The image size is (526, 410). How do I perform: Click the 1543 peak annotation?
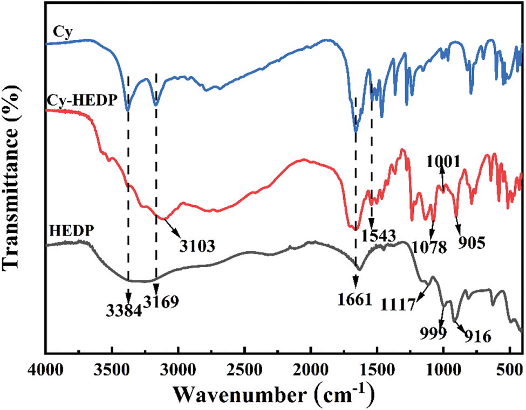tap(379, 235)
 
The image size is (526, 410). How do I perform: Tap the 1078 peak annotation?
tap(430, 247)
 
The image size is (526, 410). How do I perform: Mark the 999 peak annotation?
tap(434, 332)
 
